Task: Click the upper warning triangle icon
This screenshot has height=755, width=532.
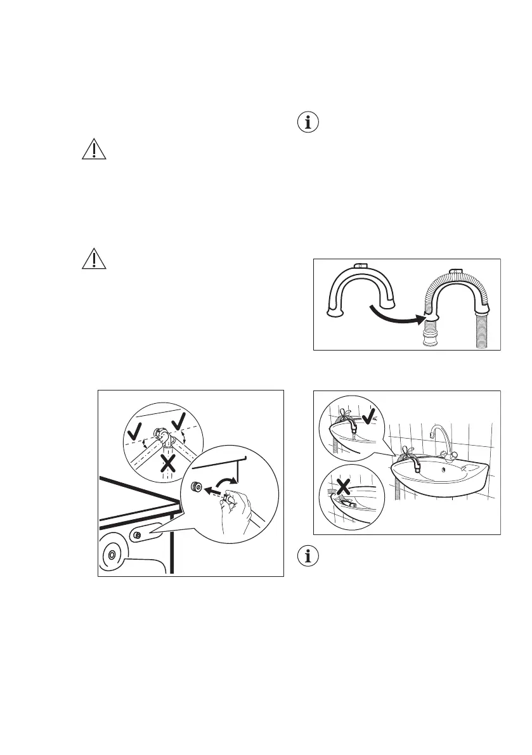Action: (x=93, y=149)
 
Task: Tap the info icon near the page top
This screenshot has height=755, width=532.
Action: (x=309, y=122)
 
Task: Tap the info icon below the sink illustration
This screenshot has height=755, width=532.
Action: (x=309, y=555)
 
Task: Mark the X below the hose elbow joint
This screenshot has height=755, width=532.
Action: (x=167, y=464)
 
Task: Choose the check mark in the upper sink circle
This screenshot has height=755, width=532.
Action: (x=373, y=416)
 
